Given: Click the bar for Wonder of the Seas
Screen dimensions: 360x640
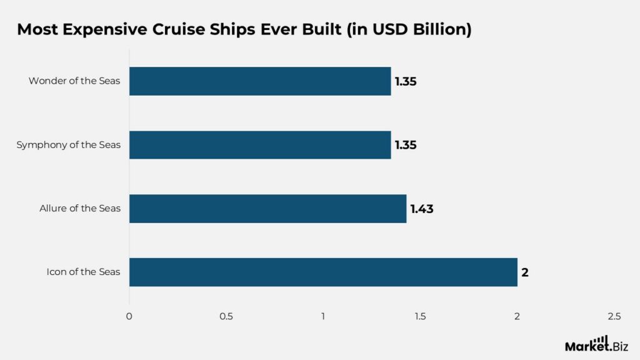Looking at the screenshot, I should pos(260,81).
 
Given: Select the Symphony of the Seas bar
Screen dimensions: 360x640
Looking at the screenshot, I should pos(260,145).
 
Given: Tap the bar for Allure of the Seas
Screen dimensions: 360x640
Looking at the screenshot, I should pos(267,209).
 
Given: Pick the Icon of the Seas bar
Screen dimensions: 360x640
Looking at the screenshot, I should pos(323,272).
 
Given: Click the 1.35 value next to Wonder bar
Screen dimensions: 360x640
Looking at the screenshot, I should pos(405,82).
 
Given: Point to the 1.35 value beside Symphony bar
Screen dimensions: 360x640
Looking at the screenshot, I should pos(405,146).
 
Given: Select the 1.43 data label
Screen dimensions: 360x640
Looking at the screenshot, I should pos(421,209).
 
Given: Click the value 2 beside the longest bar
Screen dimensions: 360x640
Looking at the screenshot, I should pos(525,273).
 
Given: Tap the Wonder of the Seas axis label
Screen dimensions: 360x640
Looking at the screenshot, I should pos(74,81).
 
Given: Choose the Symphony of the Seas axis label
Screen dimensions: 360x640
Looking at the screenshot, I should pos(69,145).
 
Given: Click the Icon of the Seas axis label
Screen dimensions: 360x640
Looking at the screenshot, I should pos(83,272).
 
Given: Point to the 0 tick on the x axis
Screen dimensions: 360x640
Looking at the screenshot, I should pos(129,316).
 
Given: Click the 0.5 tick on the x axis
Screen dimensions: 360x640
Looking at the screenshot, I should pos(226,316).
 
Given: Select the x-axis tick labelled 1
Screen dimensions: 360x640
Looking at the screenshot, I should pos(323,316).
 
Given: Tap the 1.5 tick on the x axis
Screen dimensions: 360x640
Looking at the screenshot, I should pos(420,316).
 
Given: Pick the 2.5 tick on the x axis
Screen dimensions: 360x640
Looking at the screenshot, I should pos(614,316).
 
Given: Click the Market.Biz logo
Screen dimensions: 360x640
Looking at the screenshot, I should pos(596,344).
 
